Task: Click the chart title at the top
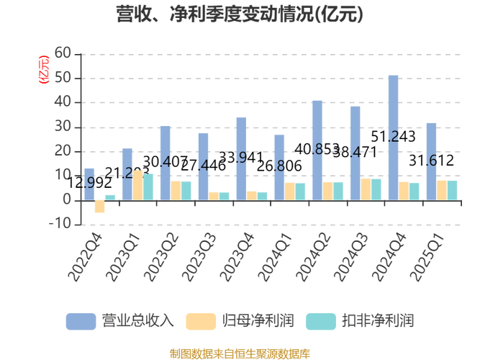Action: (x=240, y=14)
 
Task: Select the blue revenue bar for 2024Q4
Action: (x=393, y=137)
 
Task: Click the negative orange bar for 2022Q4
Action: (x=99, y=206)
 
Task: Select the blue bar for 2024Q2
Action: (x=317, y=150)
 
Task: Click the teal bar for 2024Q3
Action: (x=376, y=189)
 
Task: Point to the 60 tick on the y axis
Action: (x=63, y=53)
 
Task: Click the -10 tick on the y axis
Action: (x=60, y=225)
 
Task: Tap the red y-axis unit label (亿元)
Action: (x=44, y=70)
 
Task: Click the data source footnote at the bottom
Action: (x=240, y=354)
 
